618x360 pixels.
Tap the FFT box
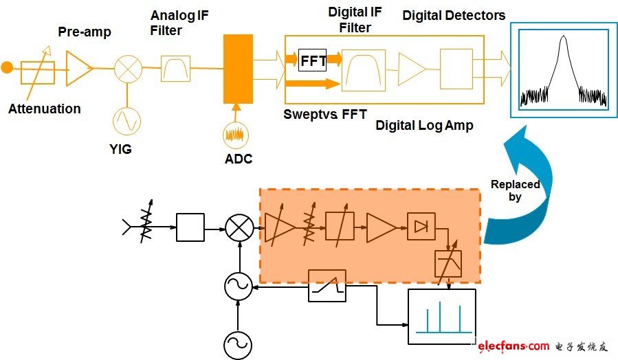coord(313,60)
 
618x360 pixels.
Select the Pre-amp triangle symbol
coord(78,69)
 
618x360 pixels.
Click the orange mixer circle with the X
coord(127,69)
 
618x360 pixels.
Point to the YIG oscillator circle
coord(126,122)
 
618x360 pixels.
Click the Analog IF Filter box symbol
coord(175,69)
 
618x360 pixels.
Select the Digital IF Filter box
coord(364,69)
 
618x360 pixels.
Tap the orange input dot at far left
coord(7,67)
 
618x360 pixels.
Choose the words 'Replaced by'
coord(515,190)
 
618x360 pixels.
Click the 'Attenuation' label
coord(44,109)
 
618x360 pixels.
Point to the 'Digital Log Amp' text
coord(424,126)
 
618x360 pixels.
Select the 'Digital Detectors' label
coord(454,15)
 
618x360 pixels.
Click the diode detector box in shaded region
coord(421,226)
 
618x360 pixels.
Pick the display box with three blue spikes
coord(441,317)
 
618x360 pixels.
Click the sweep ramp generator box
coord(327,285)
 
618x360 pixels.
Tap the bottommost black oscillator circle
coord(238,344)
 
